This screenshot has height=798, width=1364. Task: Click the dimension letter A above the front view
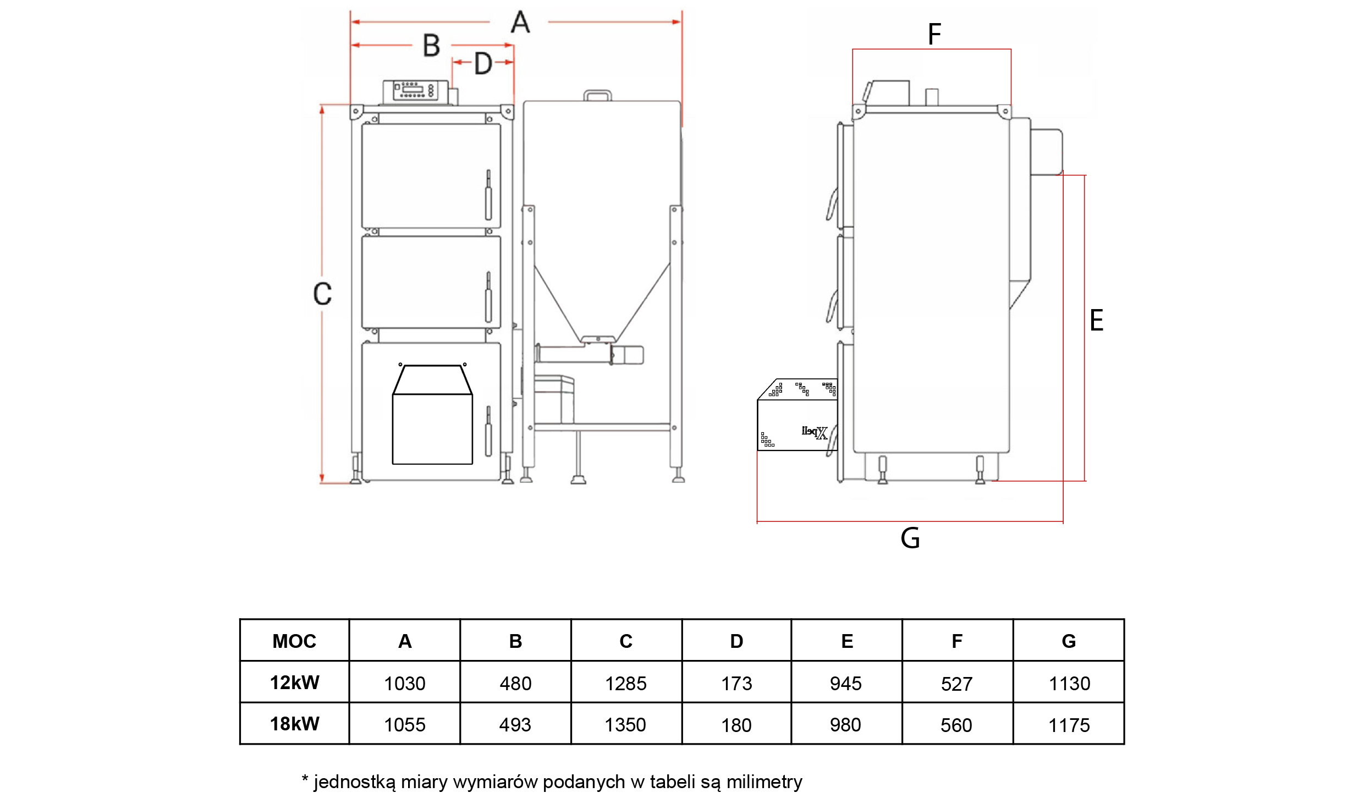tap(520, 23)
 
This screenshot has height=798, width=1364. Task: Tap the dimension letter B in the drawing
tap(432, 46)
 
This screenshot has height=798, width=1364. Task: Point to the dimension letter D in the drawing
tap(483, 64)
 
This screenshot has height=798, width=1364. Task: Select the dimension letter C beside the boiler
tap(322, 294)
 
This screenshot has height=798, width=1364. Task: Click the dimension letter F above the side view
tap(934, 34)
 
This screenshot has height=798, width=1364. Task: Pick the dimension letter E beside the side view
tap(1096, 321)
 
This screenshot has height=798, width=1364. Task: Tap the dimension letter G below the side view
tap(910, 538)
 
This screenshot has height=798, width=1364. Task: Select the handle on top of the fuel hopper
tap(597, 96)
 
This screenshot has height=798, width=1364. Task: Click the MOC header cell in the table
tap(294, 641)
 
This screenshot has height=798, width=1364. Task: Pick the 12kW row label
tap(294, 683)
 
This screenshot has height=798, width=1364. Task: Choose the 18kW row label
tap(294, 724)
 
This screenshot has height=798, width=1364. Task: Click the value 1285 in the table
tap(626, 684)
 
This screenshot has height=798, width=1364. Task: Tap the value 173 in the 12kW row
tap(736, 684)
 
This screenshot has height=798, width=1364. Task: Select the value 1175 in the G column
tap(1069, 725)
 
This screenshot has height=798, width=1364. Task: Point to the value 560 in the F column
tap(956, 725)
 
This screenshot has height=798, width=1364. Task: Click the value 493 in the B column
tap(515, 725)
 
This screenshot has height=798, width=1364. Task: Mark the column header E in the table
tap(847, 641)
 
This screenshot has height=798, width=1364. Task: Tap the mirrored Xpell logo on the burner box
tap(815, 433)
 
